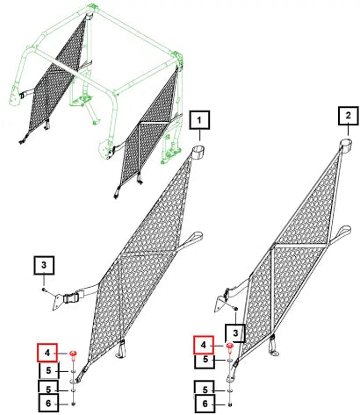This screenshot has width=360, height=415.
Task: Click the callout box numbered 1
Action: point(199,119)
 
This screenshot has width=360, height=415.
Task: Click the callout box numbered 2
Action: point(349,116)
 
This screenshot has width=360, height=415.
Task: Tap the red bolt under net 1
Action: point(73,354)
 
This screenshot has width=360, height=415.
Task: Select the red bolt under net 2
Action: point(230,347)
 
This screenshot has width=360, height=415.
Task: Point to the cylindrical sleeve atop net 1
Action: point(198,154)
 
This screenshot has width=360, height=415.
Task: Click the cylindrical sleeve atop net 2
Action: point(346,146)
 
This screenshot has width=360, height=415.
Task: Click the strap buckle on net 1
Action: point(69,298)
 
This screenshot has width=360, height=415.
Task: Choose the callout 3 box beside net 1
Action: point(44,265)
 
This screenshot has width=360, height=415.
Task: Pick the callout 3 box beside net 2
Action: point(235,333)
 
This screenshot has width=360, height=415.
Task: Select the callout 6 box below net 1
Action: point(48,404)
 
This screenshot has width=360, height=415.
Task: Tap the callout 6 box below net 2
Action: point(205,404)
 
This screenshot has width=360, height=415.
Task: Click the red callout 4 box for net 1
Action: point(47,353)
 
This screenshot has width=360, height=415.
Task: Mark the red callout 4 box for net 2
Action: point(204,345)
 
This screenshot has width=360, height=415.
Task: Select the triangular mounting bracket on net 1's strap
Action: point(57,302)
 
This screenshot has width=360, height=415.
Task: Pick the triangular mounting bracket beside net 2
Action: point(220,304)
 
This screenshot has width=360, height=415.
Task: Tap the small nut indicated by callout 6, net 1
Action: point(73,404)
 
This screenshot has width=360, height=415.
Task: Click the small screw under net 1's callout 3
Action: point(43,290)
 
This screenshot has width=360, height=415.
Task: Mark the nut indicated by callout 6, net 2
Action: point(230,404)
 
